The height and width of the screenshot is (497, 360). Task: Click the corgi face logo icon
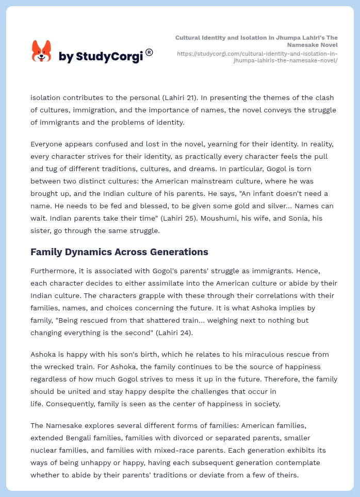coord(42,51)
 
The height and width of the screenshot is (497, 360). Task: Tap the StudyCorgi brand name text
coord(101,56)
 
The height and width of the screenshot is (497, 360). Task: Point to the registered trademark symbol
coord(149,52)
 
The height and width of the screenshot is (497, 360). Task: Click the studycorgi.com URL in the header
coord(257,57)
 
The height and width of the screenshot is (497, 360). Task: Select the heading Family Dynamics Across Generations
coord(119,252)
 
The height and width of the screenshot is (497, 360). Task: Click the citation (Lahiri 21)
coord(194,97)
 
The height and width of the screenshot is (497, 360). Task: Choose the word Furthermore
coord(54,271)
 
